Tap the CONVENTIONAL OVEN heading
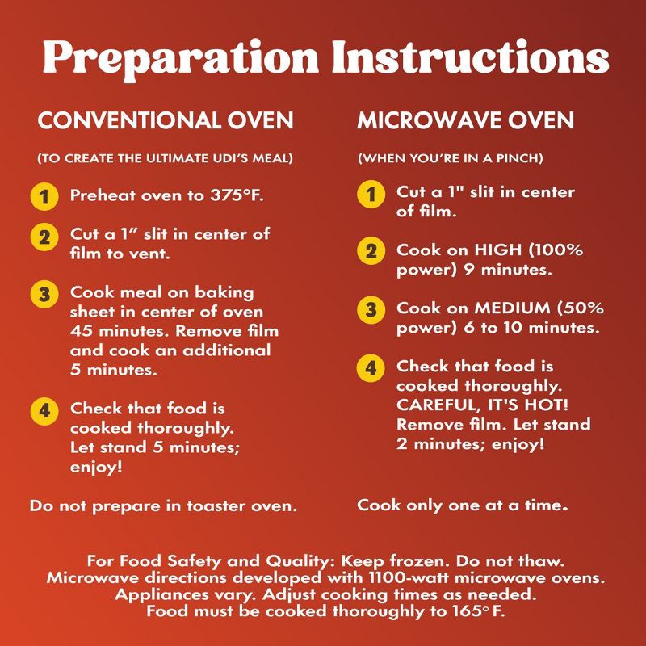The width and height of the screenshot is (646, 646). point(166,120)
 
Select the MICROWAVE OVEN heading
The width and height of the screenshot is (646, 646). point(466,120)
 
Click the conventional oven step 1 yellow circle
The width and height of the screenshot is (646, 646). point(44,196)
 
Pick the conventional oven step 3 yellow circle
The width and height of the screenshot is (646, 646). point(44,294)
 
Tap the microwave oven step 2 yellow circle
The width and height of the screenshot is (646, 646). point(371,251)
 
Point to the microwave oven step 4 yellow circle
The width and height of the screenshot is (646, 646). point(371,367)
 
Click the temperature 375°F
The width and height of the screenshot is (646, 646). point(237,195)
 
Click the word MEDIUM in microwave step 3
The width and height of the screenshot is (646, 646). point(513,308)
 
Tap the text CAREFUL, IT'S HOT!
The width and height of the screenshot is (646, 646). point(482,405)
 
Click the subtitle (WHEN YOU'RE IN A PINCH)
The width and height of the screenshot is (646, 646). point(451,158)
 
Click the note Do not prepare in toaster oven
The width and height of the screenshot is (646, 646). point(163,506)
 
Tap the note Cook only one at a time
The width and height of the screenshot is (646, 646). point(462,505)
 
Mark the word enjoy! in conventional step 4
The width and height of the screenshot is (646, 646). point(96,468)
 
